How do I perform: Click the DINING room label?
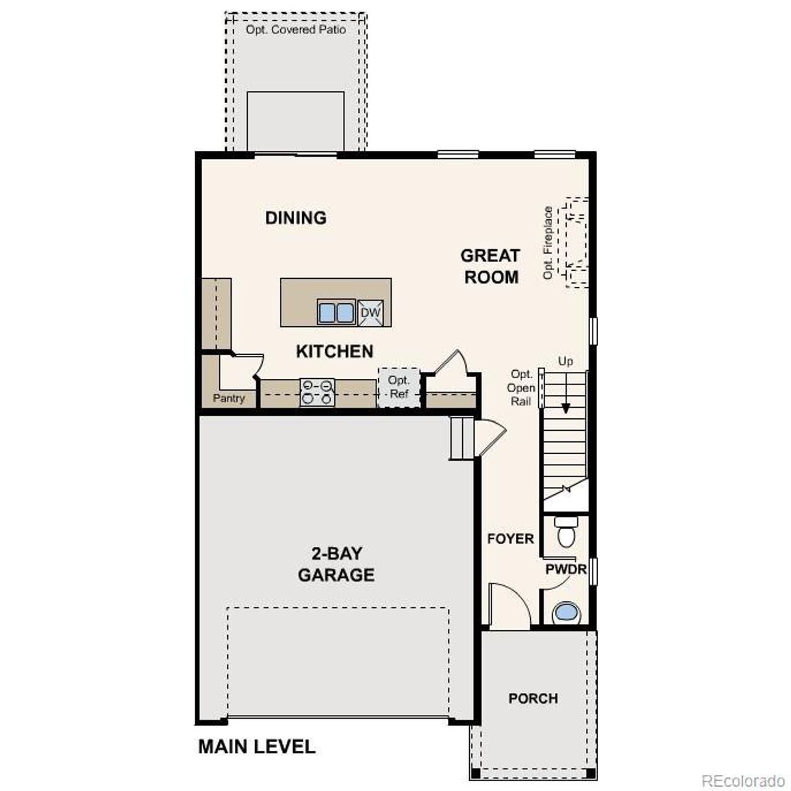click(x=295, y=218)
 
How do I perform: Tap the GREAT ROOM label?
click(x=491, y=266)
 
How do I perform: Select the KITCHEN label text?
click(x=334, y=351)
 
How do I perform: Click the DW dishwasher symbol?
click(x=371, y=313)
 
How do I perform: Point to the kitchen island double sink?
click(x=336, y=312)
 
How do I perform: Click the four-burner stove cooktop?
click(x=317, y=392)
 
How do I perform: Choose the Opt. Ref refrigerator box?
click(x=399, y=387)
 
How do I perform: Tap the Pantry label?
click(x=229, y=399)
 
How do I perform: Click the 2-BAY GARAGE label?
click(x=336, y=564)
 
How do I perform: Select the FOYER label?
click(x=510, y=539)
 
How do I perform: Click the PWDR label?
click(x=565, y=569)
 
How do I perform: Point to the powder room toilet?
click(x=566, y=532)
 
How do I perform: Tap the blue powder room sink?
click(x=566, y=612)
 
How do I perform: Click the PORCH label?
click(x=533, y=698)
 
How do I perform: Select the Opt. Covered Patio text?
click(x=295, y=30)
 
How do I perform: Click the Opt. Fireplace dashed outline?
click(x=575, y=242)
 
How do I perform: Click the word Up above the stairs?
click(x=565, y=361)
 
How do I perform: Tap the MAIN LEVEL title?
click(x=256, y=747)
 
